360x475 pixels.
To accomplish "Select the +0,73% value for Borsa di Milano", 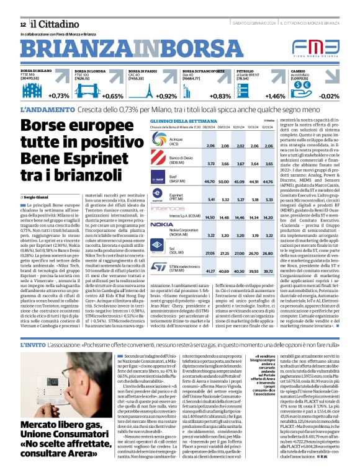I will click(x=58, y=96).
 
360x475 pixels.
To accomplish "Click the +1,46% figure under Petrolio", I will click(x=275, y=96).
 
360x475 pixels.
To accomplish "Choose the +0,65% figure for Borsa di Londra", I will click(x=112, y=96).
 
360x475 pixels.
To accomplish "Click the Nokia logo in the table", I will click(x=162, y=224).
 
